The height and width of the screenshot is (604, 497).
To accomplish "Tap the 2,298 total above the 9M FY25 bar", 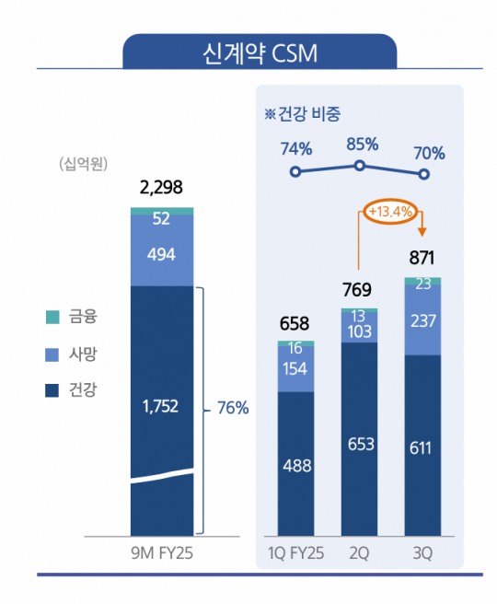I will click(161, 189).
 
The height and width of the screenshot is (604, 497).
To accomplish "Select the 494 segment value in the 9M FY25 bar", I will click(161, 255).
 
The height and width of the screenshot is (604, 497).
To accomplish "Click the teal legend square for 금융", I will click(52, 318).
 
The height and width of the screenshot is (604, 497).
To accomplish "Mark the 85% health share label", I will click(359, 145).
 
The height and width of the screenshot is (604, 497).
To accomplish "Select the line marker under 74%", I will click(295, 172).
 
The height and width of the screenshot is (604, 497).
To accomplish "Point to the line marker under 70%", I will click(423, 173).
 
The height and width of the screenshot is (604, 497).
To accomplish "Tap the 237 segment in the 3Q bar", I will click(422, 319).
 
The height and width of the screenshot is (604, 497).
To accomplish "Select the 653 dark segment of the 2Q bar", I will click(359, 444).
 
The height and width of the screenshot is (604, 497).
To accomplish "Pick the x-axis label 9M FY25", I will click(161, 552).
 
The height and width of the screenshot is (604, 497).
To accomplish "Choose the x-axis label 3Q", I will click(422, 552).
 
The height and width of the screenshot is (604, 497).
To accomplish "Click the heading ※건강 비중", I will click(301, 114).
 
